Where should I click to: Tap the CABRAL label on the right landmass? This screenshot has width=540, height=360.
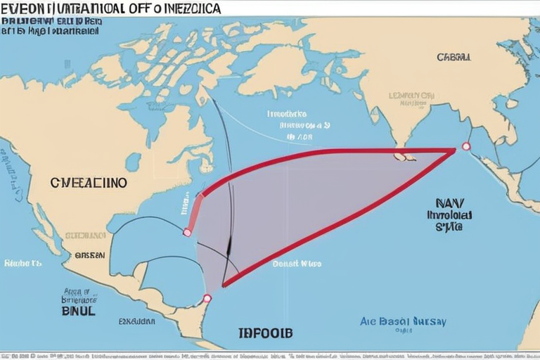click(454, 57)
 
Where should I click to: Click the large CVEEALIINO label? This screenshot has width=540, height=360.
click(89, 182)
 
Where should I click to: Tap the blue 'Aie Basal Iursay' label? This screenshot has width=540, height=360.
click(403, 321)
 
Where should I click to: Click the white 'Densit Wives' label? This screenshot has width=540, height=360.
click(296, 264)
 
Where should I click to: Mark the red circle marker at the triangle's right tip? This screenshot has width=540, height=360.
click(465, 146)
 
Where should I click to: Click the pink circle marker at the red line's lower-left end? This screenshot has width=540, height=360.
click(187, 232)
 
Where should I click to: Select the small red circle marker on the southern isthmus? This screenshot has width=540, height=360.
click(207, 298)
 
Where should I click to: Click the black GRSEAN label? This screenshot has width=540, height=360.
click(89, 255)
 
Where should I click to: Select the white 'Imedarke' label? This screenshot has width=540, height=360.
click(287, 113)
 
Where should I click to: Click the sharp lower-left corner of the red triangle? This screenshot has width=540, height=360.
click(224, 285)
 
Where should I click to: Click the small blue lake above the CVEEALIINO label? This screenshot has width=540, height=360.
click(133, 161)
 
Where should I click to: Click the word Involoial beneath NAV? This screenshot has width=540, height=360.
click(449, 217)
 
